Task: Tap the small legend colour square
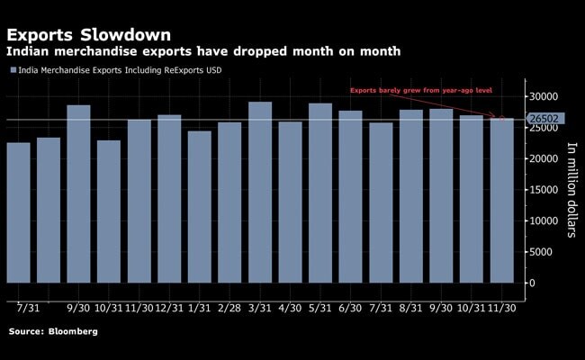click(x=13, y=70)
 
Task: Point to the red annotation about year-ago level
click(x=418, y=92)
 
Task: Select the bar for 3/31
click(x=260, y=198)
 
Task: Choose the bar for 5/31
click(x=320, y=199)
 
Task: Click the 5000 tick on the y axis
click(x=540, y=252)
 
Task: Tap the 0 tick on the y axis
click(x=532, y=283)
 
